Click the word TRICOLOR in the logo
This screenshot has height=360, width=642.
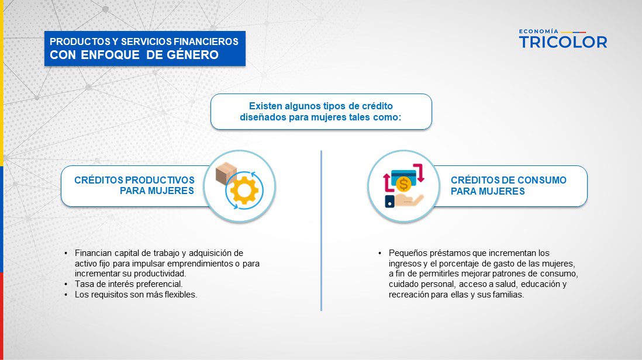[x=563, y=42]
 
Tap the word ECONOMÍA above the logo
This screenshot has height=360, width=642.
[x=539, y=31]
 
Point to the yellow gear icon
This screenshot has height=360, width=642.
[x=244, y=191]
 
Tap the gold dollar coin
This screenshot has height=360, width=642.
[x=403, y=184]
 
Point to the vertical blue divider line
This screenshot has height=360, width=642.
[x=322, y=230]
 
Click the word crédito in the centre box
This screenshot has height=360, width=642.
[x=377, y=106]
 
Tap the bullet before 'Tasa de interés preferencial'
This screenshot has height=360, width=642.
[x=66, y=284]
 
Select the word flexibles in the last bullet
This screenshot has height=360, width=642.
[x=181, y=295]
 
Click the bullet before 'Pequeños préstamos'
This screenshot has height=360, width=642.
[x=380, y=253]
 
